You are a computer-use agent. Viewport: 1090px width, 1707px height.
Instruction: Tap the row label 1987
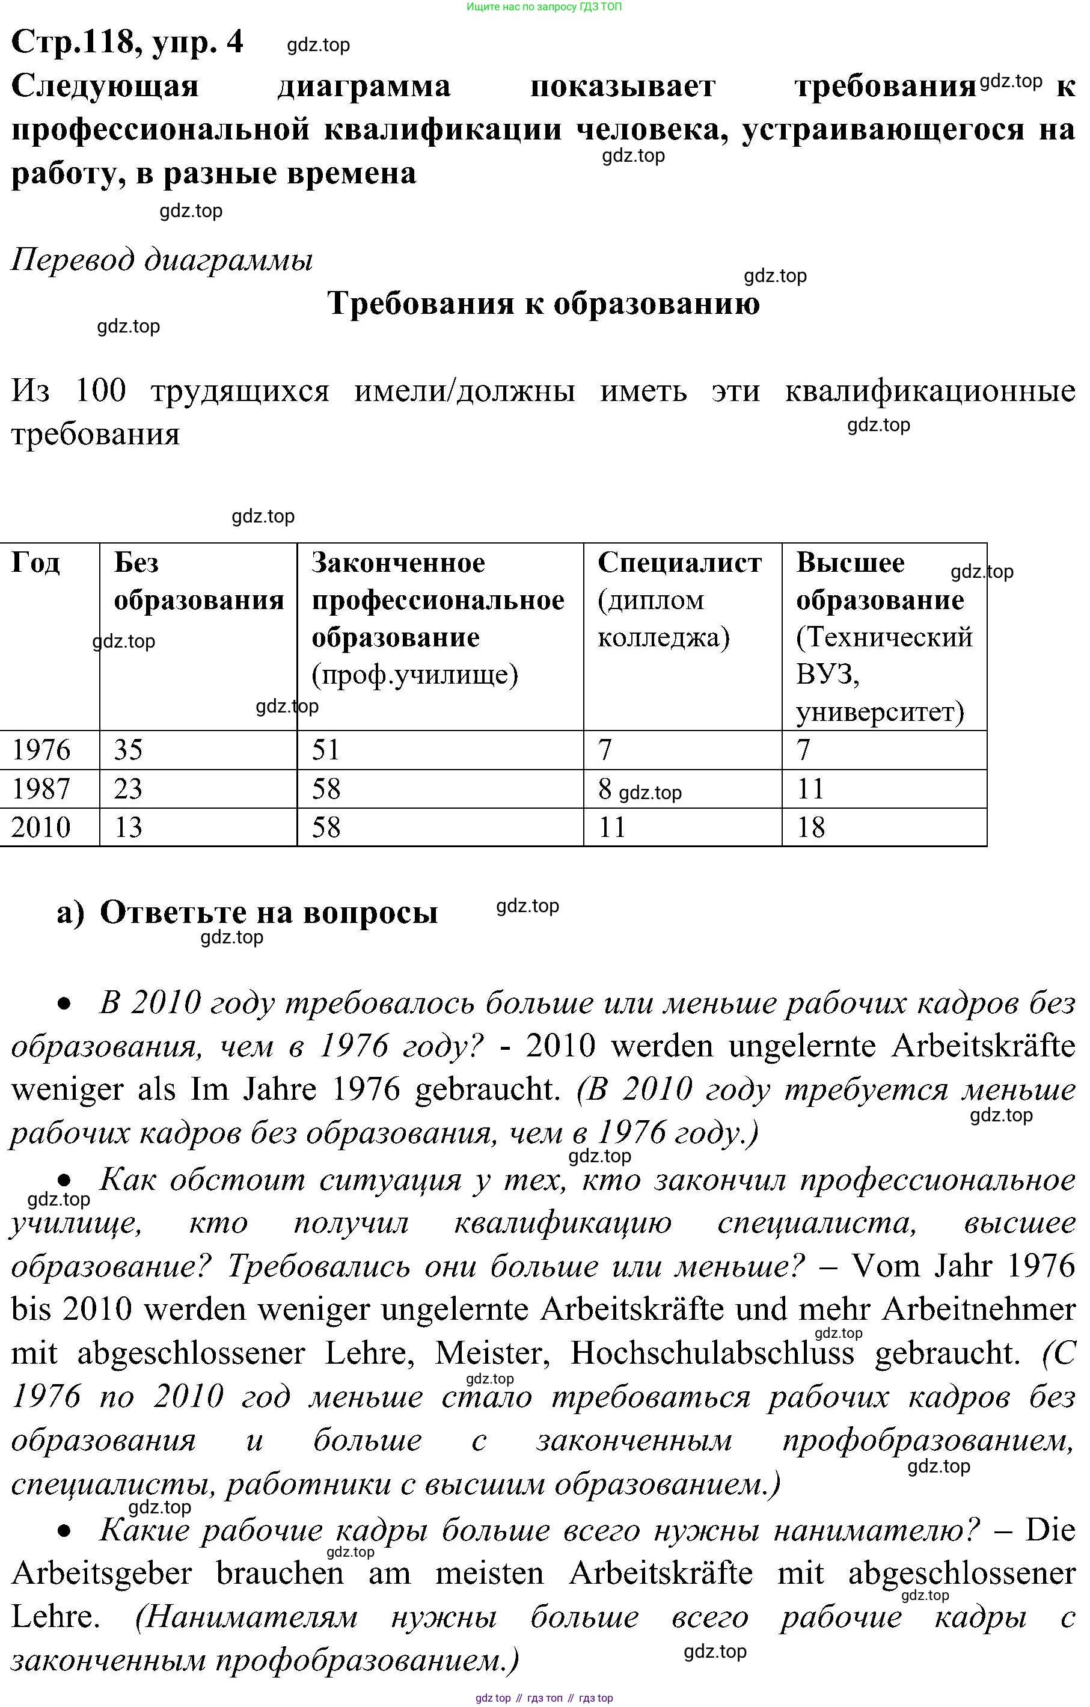[41, 789]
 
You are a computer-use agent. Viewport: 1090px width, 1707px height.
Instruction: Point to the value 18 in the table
[811, 827]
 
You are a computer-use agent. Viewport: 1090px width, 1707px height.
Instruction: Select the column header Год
[35, 563]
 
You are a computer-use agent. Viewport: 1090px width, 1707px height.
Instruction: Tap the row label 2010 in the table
[41, 827]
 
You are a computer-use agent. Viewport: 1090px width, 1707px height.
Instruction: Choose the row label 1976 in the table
[41, 750]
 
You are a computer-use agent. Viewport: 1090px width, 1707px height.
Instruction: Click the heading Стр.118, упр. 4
[127, 43]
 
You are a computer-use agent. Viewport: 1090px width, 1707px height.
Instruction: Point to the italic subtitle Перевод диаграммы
[162, 260]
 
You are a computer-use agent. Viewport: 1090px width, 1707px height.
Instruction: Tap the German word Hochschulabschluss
[712, 1353]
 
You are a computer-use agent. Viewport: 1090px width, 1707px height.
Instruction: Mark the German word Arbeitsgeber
[102, 1573]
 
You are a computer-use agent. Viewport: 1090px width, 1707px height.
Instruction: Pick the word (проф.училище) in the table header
[415, 674]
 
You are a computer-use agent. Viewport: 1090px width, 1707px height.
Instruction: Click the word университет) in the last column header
[880, 712]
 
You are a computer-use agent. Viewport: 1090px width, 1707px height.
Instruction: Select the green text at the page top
[544, 7]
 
